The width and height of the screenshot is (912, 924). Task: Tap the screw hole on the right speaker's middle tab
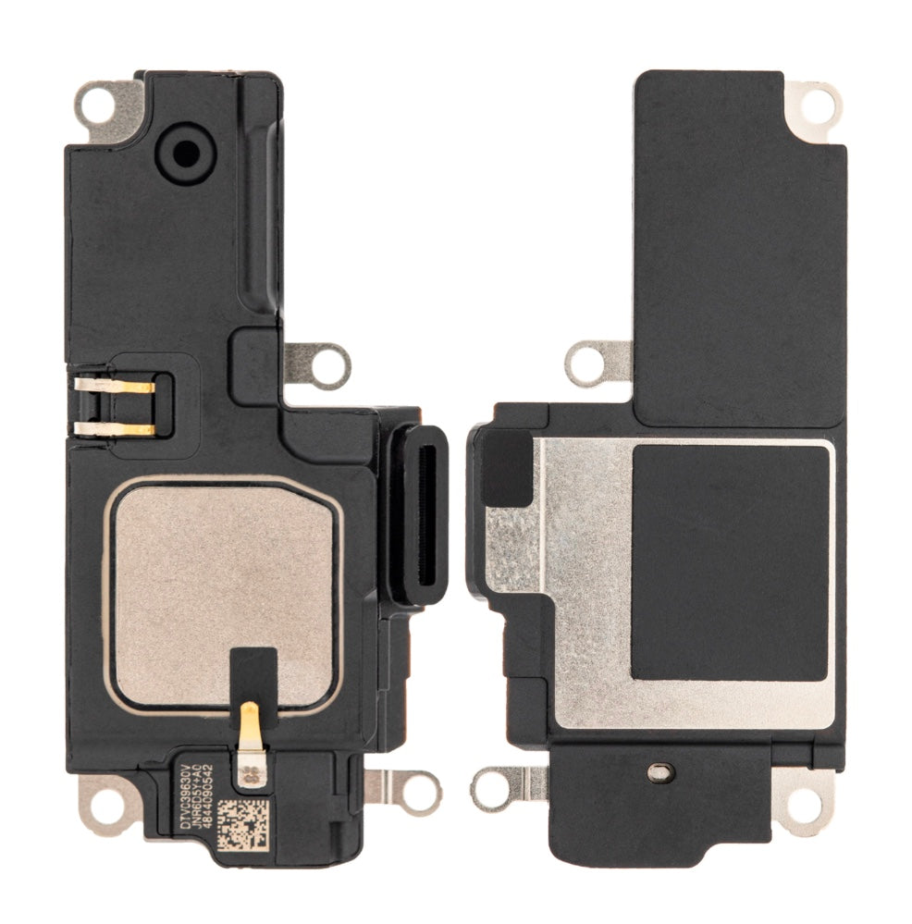pyautogui.click(x=588, y=363)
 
